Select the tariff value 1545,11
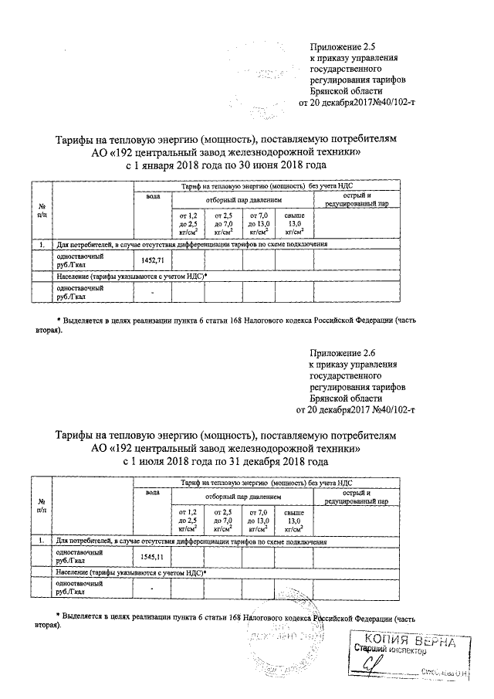pos(154,556)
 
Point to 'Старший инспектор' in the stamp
pos(390,651)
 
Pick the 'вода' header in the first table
pos(153,198)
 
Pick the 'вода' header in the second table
pos(153,493)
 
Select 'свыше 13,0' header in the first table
pos(294,222)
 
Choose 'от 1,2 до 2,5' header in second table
pos(188,518)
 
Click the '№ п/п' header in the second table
pos(40,506)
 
